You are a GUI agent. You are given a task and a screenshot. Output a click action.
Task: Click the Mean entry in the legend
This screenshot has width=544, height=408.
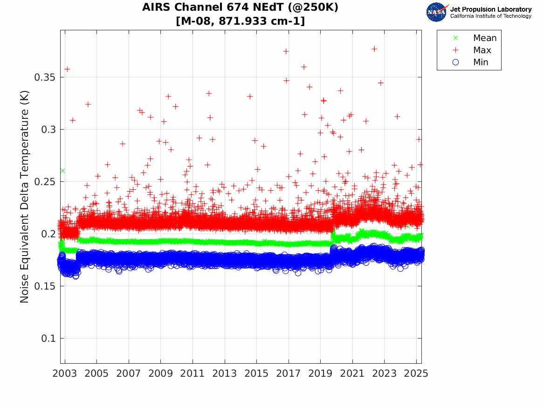pyautogui.click(x=484, y=38)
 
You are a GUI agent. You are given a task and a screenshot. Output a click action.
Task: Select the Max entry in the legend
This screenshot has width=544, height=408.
pyautogui.click(x=482, y=50)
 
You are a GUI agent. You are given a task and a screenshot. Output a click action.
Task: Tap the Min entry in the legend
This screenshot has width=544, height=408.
pyautogui.click(x=481, y=62)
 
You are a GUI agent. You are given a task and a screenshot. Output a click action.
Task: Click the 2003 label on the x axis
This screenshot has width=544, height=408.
pyautogui.click(x=65, y=374)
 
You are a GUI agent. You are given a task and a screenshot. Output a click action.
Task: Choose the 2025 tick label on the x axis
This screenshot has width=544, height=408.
pyautogui.click(x=416, y=374)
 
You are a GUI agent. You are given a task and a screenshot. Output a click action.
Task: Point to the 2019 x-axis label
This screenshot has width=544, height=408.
pyautogui.click(x=320, y=374)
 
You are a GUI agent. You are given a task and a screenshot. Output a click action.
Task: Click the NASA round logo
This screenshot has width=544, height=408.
pyautogui.click(x=436, y=12)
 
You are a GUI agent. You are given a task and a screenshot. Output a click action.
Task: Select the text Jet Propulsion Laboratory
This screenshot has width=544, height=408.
pyautogui.click(x=490, y=9)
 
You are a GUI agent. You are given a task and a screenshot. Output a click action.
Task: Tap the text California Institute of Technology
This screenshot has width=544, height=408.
pyautogui.click(x=490, y=16)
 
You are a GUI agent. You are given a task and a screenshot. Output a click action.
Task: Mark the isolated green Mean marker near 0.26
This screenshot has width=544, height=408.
pyautogui.click(x=62, y=171)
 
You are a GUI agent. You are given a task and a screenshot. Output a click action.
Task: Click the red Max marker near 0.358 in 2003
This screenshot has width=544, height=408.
pyautogui.click(x=67, y=69)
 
